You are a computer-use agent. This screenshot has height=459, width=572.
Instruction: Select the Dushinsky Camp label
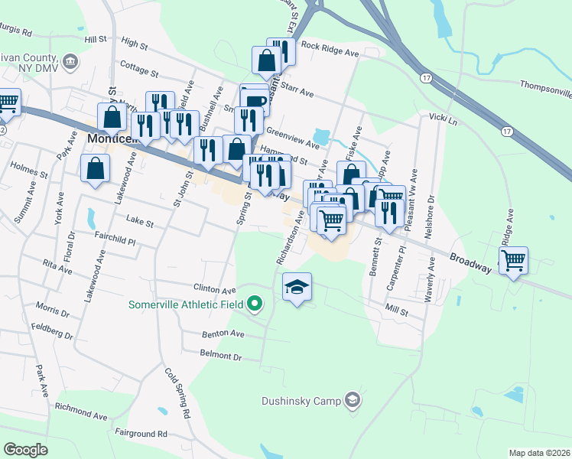coord(300,399)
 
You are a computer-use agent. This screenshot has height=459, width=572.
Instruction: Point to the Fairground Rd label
coord(141,433)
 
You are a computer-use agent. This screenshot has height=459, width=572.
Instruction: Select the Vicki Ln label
coord(443,120)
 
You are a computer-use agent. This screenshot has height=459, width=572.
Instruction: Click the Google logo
coord(25,450)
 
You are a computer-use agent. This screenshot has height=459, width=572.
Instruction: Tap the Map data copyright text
coord(540,453)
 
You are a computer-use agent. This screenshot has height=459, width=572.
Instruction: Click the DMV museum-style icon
coord(70,60)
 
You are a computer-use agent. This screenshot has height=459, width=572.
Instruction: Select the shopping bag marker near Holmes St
coord(95,169)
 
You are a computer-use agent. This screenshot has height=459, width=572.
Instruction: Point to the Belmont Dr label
coord(220,356)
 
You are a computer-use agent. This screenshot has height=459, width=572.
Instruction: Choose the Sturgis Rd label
coord(16,33)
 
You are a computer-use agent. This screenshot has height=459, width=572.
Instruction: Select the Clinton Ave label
coord(215,290)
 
